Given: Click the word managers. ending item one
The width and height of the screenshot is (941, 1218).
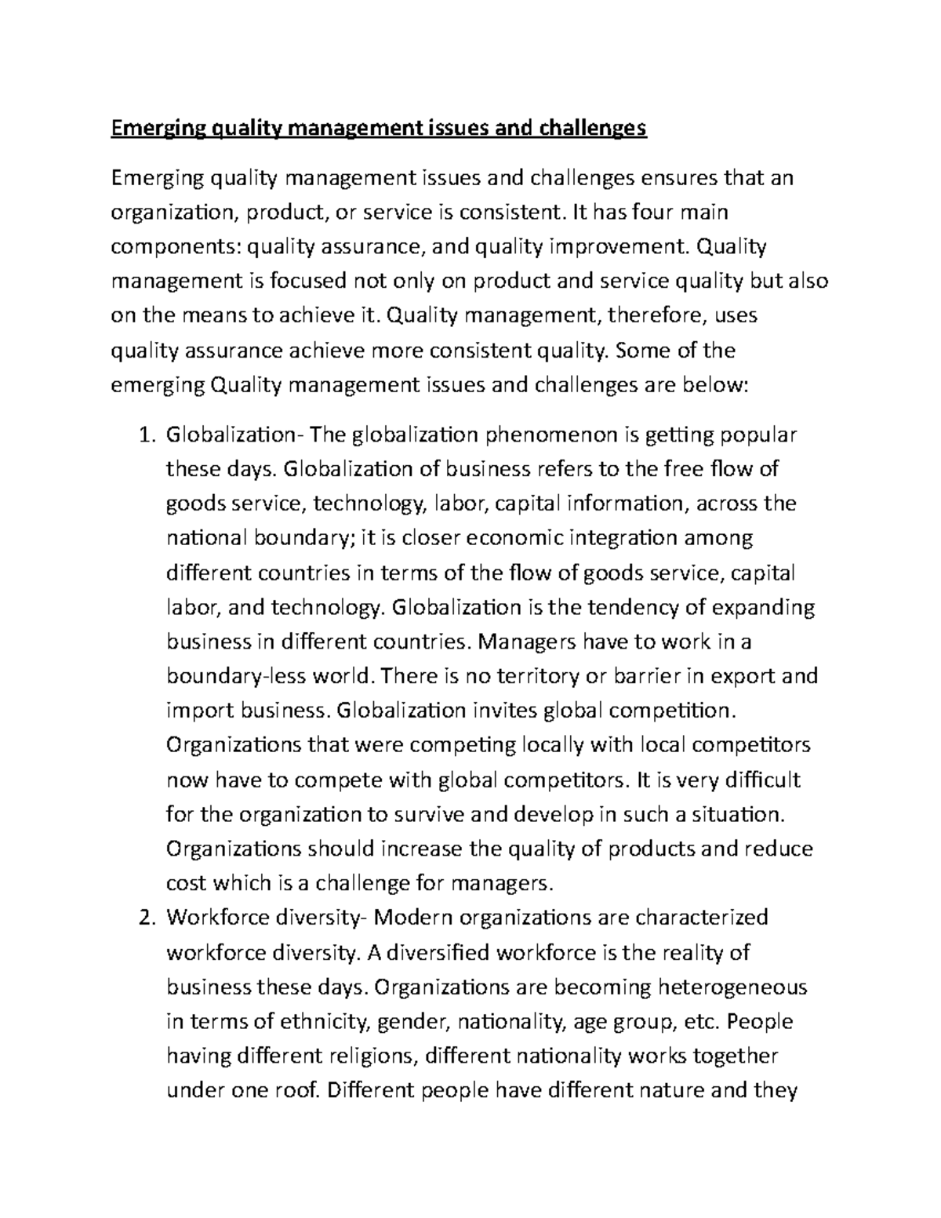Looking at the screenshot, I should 503,884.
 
